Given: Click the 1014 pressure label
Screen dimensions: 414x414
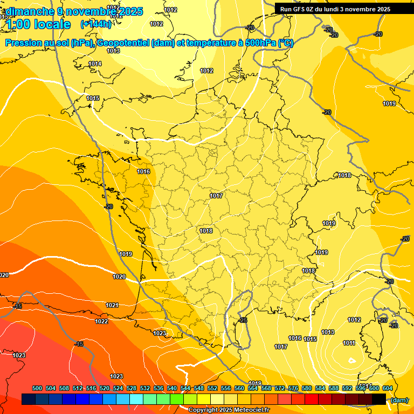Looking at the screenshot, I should pos(95,64).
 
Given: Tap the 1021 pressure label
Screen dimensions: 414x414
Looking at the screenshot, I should pos(112,305).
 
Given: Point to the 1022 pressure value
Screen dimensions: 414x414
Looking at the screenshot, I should pos(101,322).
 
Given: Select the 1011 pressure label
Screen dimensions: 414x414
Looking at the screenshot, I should pos(349,343).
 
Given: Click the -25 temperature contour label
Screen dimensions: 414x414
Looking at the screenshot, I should pos(243,321).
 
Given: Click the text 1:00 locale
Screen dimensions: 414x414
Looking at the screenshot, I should pos(38,24).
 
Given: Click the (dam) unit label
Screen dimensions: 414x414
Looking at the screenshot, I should pos(399,400).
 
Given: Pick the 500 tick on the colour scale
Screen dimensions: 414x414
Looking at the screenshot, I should pos(37,388).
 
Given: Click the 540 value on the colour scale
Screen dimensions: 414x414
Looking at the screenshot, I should pos(172,388).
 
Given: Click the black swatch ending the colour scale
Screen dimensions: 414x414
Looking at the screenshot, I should pos(379,399).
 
